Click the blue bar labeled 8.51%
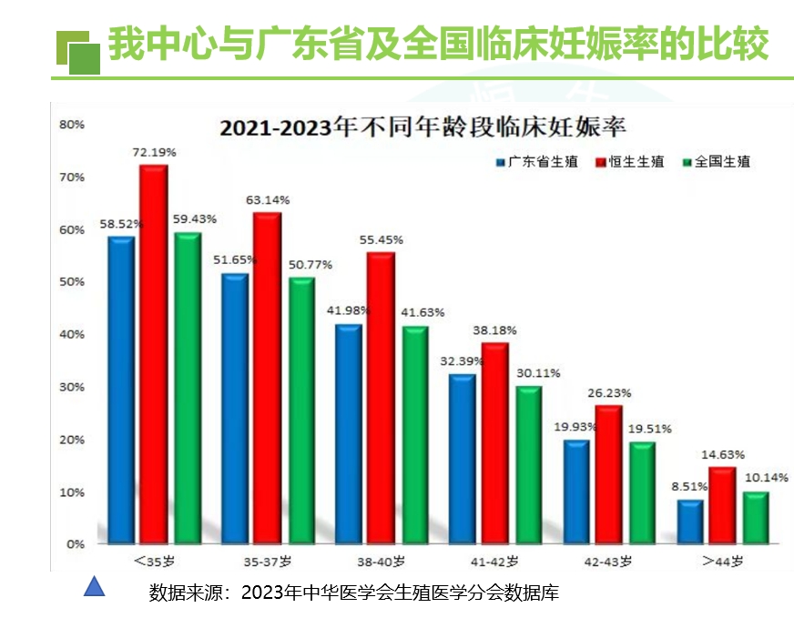pos(690,521)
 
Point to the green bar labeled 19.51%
pos(642,492)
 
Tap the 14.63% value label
pos(723,455)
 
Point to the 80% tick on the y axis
pos(72,124)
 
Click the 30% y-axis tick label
pos(72,387)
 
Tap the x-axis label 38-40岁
pos(382,562)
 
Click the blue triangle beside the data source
pos(94,587)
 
